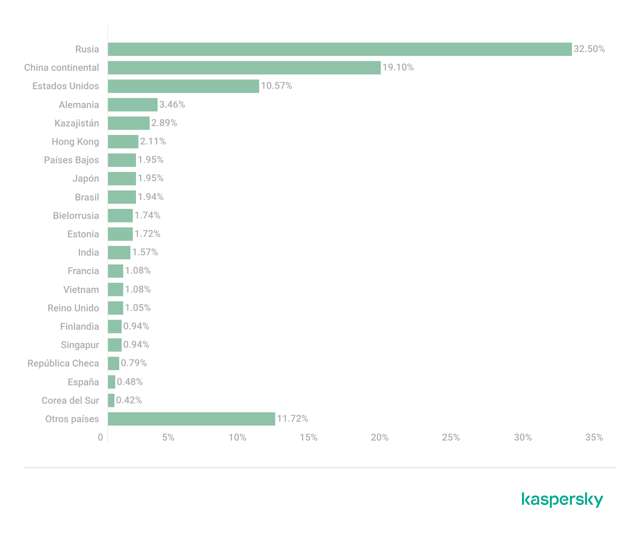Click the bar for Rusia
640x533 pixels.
(x=340, y=49)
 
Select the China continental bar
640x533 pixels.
(x=244, y=68)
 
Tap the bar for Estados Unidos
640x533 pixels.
(x=183, y=86)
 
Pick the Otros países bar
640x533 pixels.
(x=191, y=419)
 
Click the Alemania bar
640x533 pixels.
(x=132, y=105)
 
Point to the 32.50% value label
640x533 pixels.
(x=589, y=49)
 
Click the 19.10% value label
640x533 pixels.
(x=398, y=67)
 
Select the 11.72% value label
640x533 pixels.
(x=292, y=419)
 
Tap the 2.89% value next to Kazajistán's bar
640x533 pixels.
(x=164, y=123)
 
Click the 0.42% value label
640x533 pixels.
(x=129, y=400)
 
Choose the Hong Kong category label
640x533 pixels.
(x=75, y=142)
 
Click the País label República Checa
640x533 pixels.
(x=63, y=363)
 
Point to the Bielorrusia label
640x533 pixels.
(x=76, y=216)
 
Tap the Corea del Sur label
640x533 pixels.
(x=70, y=401)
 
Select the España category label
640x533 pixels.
(x=83, y=382)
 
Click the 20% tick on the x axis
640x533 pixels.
(x=380, y=437)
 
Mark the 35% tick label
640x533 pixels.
(x=594, y=437)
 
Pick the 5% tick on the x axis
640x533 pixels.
(x=168, y=437)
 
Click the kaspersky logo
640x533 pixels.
(x=562, y=500)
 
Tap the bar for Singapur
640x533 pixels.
(x=114, y=345)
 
